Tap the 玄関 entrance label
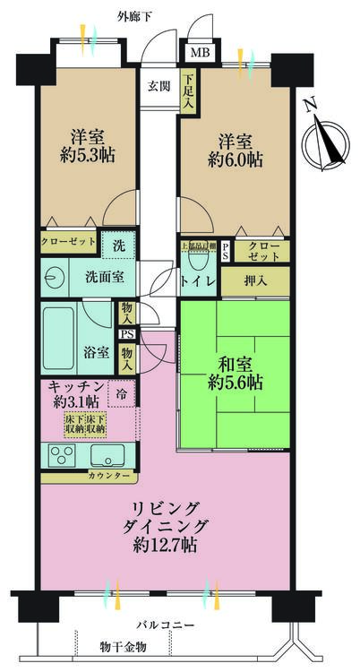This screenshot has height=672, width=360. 159,86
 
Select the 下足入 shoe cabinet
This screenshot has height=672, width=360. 188,91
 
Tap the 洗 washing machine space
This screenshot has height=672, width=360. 119,244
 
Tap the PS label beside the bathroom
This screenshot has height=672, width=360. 127,335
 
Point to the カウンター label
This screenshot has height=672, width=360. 114,475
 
